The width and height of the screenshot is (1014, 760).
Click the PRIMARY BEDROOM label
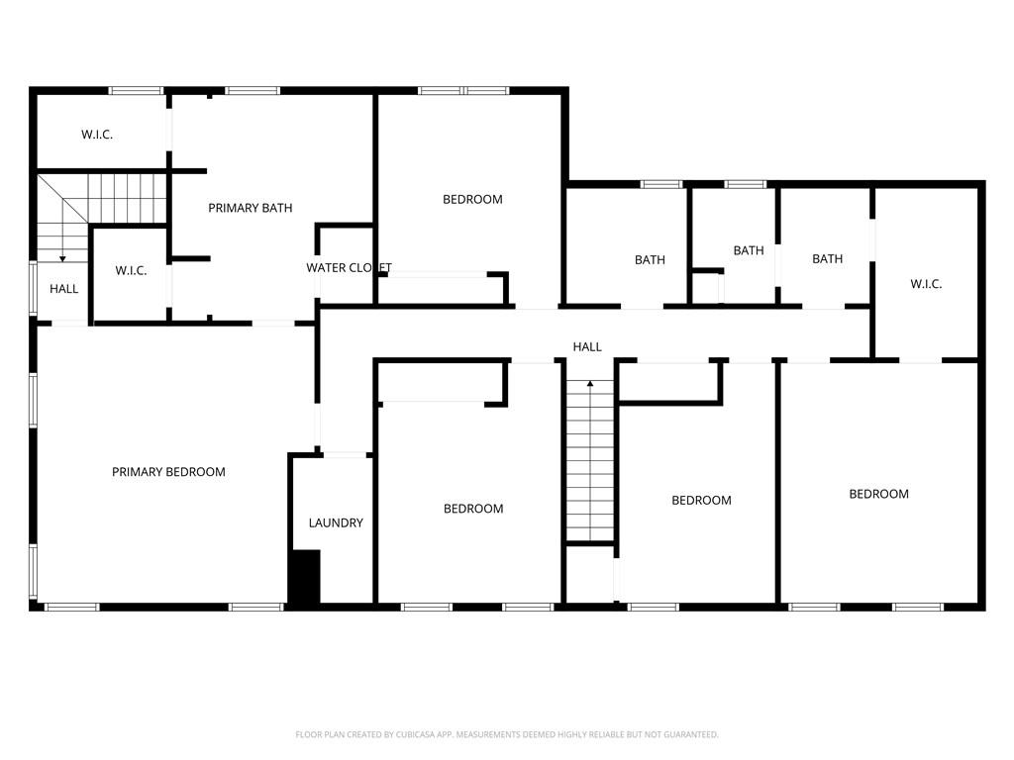168,472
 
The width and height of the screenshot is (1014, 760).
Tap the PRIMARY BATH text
250,208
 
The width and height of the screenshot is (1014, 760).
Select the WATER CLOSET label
349,267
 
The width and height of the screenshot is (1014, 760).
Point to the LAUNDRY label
336,522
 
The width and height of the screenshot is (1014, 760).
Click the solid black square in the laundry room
305,578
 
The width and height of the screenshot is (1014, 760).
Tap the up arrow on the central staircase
590,383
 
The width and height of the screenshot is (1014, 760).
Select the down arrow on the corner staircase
62,257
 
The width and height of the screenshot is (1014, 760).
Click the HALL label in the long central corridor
587,346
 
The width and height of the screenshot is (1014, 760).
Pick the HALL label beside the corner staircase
64,289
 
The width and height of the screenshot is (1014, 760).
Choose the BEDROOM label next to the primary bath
472,199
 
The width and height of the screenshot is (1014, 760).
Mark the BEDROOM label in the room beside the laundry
473,509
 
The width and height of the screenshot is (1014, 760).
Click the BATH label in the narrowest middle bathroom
749,250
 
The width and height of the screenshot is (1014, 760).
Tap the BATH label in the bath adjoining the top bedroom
650,259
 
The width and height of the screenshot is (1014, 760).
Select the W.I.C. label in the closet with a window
97,134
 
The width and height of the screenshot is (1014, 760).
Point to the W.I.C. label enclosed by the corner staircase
131,270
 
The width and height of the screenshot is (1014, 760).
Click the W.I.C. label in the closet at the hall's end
926,284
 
